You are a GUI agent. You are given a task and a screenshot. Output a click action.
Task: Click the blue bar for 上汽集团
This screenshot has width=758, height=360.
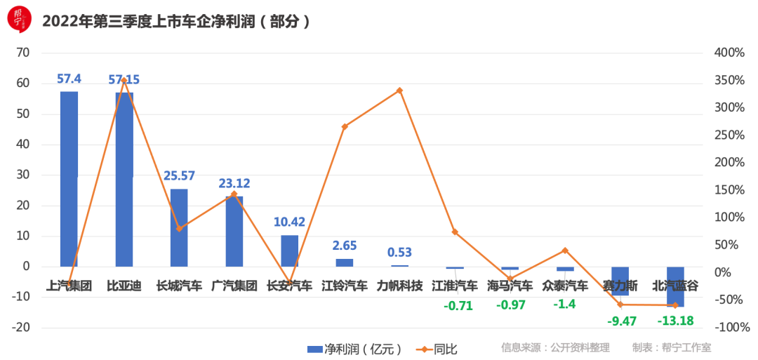tap(69, 179)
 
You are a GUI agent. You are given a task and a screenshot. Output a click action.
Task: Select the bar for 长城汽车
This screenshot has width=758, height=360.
tap(179, 227)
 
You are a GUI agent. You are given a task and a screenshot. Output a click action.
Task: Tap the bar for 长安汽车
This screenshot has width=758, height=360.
tap(290, 251)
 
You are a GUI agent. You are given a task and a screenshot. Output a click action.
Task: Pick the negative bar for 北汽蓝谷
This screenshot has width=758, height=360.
tap(675, 286)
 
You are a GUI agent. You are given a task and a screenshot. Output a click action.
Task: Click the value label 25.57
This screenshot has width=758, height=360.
tap(180, 175)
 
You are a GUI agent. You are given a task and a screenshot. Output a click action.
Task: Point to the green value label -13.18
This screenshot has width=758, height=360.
tap(675, 321)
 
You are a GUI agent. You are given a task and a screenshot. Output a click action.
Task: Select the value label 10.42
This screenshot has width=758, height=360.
tap(289, 222)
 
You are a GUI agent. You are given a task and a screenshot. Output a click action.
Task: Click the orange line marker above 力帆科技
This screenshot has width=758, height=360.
tap(400, 91)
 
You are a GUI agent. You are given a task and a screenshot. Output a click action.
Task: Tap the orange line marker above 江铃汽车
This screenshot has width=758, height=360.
tap(345, 127)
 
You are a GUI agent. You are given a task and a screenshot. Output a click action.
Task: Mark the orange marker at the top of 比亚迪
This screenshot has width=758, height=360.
tap(124, 81)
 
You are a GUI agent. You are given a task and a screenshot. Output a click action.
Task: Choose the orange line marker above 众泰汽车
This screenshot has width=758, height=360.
tap(565, 251)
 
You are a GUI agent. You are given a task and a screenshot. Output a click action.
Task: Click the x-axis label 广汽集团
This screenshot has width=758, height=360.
tap(234, 286)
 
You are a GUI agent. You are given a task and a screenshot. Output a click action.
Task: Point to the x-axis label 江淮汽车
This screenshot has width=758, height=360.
tap(455, 286)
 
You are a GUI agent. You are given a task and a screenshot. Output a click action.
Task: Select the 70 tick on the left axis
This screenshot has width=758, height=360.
tap(23, 53)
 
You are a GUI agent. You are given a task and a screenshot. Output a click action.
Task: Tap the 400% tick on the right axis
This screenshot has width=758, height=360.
tap(730, 53)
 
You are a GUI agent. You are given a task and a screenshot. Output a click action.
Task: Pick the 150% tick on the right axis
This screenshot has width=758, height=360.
tap(730, 190)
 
